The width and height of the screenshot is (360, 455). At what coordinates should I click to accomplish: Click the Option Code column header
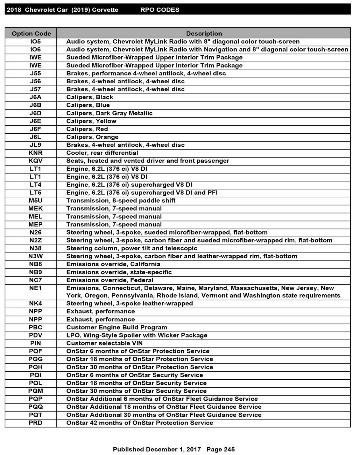pyautogui.click(x=31, y=34)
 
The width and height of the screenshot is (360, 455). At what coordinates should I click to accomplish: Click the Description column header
pyautogui.click(x=204, y=34)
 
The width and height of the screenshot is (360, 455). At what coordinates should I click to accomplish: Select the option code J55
pyautogui.click(x=36, y=73)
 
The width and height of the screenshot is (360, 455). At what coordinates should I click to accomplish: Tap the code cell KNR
pyautogui.click(x=36, y=153)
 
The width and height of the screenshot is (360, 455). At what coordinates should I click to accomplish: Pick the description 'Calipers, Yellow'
pyautogui.click(x=91, y=121)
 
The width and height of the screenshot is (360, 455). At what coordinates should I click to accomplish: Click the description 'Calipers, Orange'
pyautogui.click(x=92, y=137)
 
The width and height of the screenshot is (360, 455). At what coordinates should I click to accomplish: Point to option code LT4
pyautogui.click(x=36, y=185)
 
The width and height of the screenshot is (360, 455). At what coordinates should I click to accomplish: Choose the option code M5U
pyautogui.click(x=36, y=200)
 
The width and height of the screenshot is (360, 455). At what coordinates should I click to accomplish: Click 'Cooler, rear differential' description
pyautogui.click(x=102, y=153)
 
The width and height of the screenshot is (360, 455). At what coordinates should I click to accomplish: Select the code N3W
pyautogui.click(x=36, y=256)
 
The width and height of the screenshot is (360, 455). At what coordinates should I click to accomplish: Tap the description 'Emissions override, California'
pyautogui.click(x=113, y=264)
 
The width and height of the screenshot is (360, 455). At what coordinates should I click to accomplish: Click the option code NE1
pyautogui.click(x=36, y=288)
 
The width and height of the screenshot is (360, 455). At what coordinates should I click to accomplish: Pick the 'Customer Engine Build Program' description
pyautogui.click(x=116, y=327)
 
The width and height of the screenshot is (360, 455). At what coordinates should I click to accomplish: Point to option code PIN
pyautogui.click(x=36, y=343)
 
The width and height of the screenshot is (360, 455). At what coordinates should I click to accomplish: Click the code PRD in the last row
pyautogui.click(x=36, y=423)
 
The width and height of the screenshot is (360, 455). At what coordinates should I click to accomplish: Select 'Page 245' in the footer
pyautogui.click(x=220, y=449)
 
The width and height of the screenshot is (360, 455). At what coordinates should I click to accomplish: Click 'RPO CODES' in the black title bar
pyautogui.click(x=160, y=10)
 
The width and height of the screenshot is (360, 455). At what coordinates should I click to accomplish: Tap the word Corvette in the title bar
pyautogui.click(x=105, y=10)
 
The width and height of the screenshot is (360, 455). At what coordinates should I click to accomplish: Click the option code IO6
pyautogui.click(x=36, y=49)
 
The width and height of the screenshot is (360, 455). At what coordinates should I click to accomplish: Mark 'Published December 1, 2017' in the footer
pyautogui.click(x=157, y=449)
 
